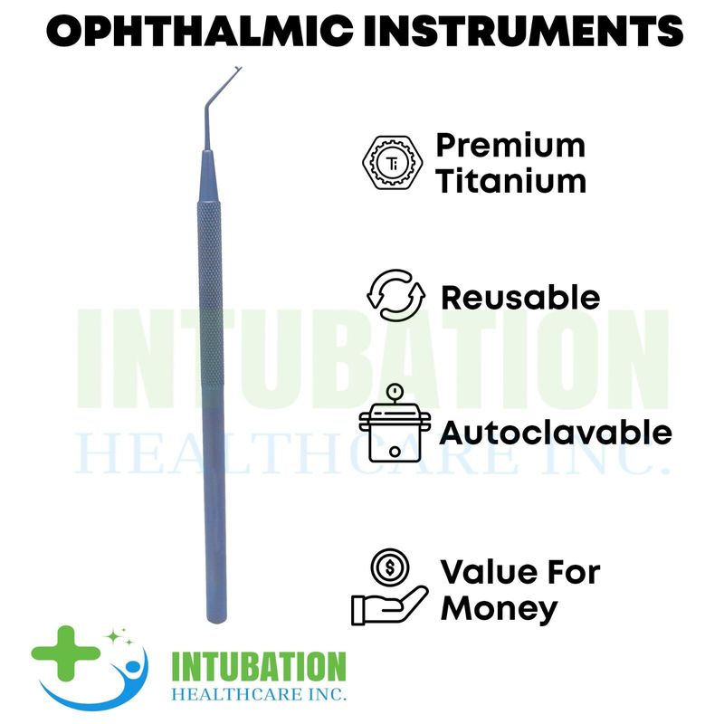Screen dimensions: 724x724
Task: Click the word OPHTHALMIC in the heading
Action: click(x=200, y=31)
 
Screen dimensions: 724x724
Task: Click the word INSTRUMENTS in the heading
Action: click(x=523, y=31)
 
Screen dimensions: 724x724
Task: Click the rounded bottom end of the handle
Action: click(x=216, y=619)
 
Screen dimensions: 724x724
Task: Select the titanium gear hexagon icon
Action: click(x=393, y=162)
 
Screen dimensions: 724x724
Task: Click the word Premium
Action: click(x=510, y=146)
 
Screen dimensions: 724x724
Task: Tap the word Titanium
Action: click(x=511, y=182)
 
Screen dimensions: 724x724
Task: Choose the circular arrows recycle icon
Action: click(x=395, y=296)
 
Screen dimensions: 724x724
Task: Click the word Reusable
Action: click(x=520, y=298)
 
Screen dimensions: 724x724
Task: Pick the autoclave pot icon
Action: click(x=395, y=424)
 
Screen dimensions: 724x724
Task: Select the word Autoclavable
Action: click(x=556, y=433)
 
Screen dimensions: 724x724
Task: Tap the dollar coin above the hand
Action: click(x=390, y=567)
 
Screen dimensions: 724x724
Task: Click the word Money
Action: click(x=500, y=609)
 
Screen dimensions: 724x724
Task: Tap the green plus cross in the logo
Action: click(x=66, y=653)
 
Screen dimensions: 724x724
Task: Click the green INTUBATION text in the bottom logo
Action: click(x=259, y=667)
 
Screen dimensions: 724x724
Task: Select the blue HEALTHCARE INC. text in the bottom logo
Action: click(x=259, y=694)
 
